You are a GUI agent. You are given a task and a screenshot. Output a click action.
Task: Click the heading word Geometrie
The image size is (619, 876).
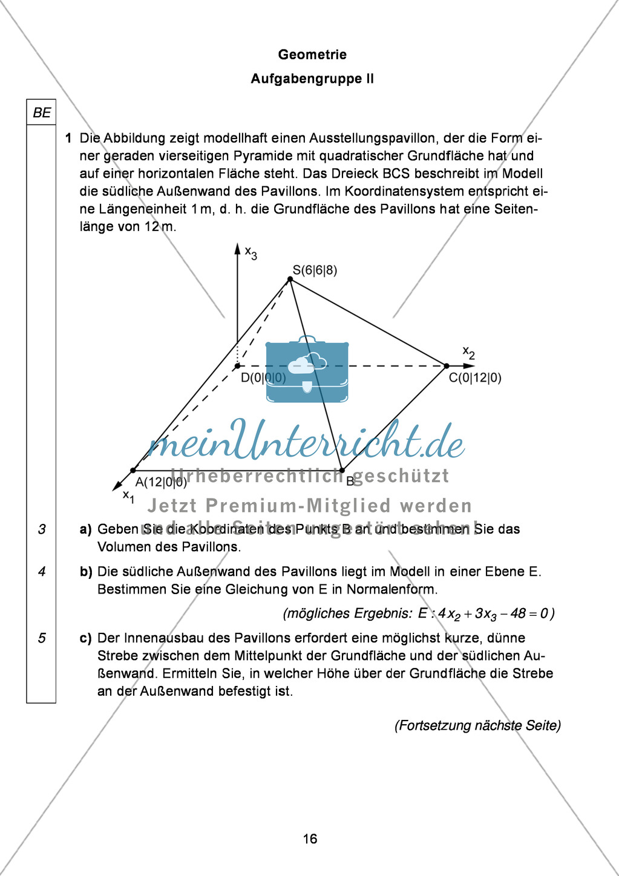312,54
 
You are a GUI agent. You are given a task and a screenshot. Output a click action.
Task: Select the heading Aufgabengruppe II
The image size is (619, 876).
312,79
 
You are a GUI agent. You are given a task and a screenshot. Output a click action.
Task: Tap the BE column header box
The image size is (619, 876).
41,113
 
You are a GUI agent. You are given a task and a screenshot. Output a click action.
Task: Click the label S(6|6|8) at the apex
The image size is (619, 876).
315,270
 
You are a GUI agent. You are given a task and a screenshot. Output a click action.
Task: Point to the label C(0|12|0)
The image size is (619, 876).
475,378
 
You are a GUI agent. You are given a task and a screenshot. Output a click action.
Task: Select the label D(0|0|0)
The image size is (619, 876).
263,378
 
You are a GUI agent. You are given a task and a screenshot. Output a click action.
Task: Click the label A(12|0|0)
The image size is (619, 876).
161,482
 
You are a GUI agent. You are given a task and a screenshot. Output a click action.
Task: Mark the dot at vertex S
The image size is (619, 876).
290,279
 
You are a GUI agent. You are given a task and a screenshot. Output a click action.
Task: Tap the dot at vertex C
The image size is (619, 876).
447,366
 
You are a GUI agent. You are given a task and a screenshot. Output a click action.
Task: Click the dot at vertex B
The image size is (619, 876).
342,470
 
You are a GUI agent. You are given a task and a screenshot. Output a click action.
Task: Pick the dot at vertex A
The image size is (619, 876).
133,470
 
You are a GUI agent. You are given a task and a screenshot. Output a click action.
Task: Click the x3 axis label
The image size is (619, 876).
251,252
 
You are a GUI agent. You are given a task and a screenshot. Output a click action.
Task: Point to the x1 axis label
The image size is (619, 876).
128,496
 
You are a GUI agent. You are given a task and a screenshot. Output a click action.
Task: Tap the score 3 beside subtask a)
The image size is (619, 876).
41,529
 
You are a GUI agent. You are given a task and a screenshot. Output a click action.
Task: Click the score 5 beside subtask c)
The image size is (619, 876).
41,638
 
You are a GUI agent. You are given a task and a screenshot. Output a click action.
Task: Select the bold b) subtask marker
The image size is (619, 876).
86,572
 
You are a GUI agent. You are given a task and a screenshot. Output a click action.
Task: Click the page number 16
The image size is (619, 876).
310,838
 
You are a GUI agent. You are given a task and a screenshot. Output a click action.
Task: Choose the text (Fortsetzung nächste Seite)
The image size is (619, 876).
477,725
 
